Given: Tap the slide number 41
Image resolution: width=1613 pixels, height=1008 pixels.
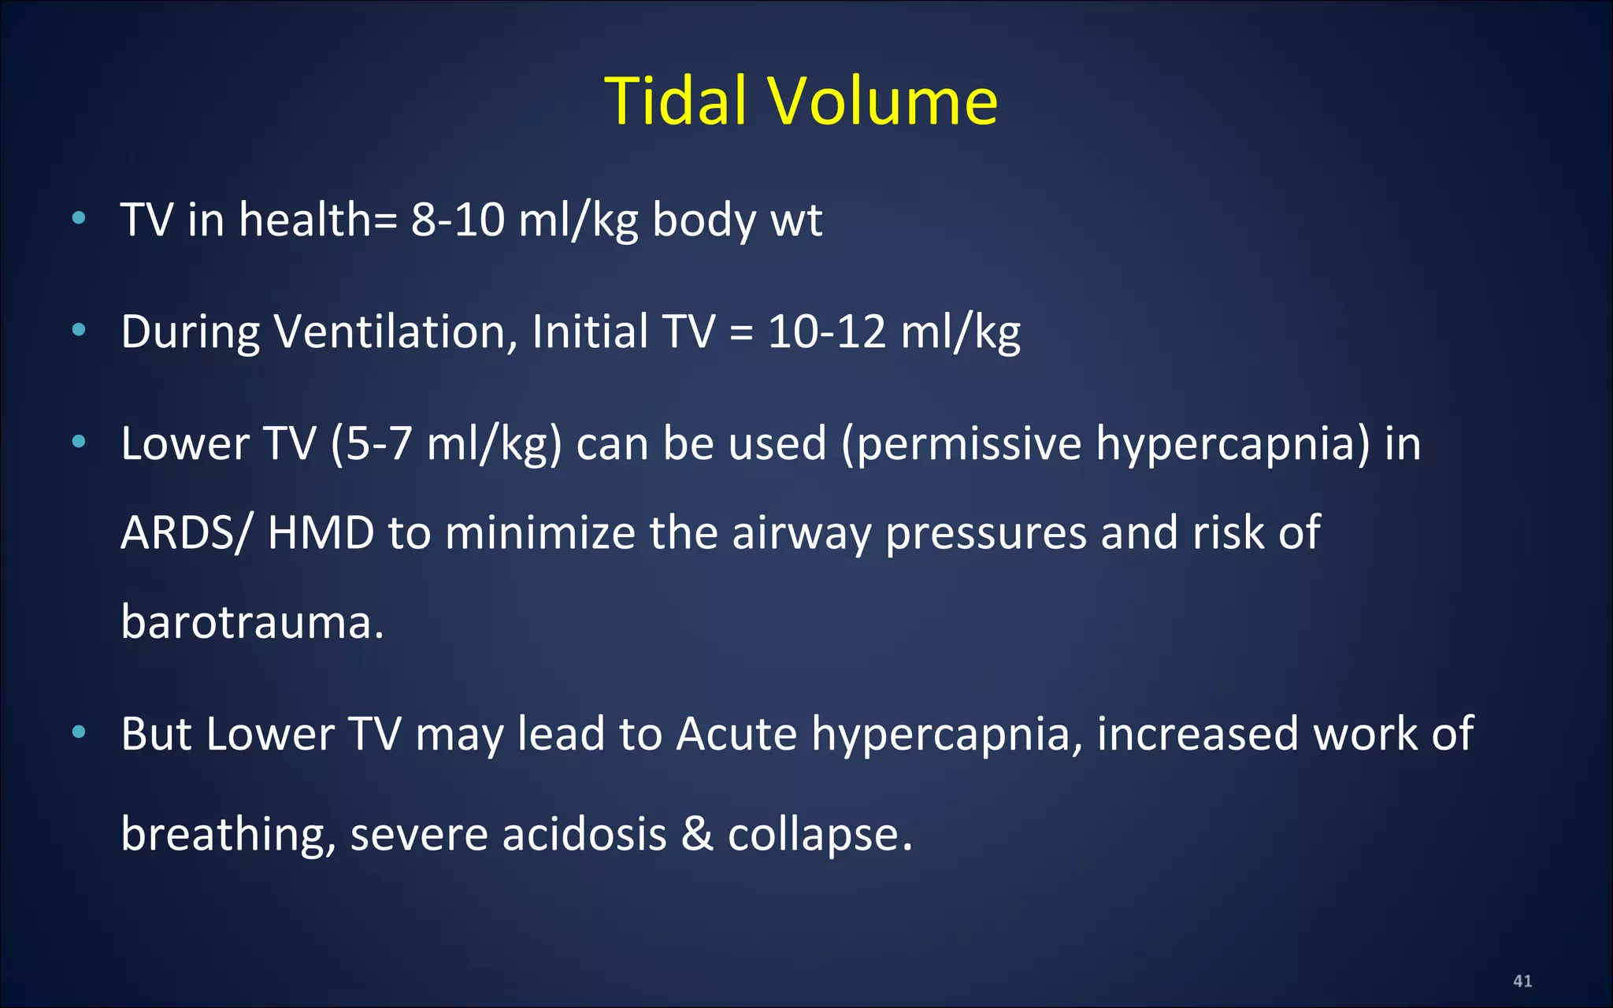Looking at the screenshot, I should [x=1522, y=980].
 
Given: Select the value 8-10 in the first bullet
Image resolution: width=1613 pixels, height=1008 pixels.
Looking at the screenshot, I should [x=458, y=220].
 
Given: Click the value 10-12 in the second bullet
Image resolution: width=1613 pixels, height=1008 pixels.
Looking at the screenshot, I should [x=826, y=332].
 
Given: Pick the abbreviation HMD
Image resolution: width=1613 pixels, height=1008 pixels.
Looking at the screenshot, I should [x=321, y=533].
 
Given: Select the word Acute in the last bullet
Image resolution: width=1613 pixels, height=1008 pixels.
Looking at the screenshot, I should [x=736, y=734].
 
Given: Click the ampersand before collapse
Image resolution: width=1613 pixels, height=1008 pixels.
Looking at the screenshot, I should [x=697, y=834].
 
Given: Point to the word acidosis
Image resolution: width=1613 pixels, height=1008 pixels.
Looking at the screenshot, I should [x=584, y=834].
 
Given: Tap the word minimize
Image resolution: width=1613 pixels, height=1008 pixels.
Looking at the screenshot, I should [x=540, y=533].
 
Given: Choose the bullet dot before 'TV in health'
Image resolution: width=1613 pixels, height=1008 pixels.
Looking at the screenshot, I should [x=78, y=218].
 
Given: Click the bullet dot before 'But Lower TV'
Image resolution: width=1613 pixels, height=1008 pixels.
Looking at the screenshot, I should [x=78, y=732].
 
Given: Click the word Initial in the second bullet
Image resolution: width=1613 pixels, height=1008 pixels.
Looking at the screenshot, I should [x=590, y=332].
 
